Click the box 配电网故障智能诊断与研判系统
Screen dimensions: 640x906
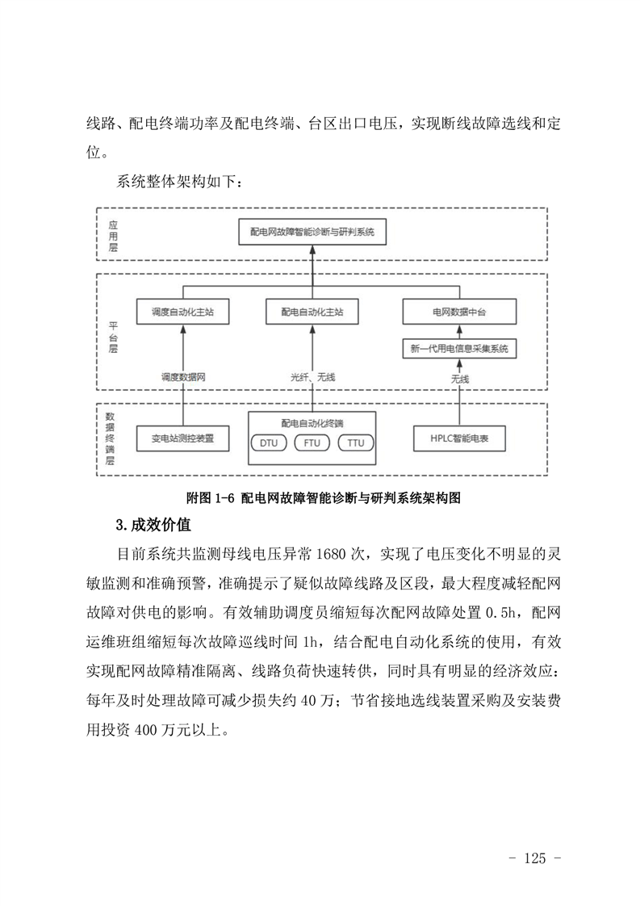pos(312,232)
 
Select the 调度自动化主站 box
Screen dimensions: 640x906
pos(182,312)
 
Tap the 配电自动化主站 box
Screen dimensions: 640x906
pos(312,312)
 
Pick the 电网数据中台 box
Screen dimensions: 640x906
pos(459,312)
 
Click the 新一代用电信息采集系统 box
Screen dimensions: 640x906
pos(459,348)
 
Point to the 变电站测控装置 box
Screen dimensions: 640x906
pos(182,438)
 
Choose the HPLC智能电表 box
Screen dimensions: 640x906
pos(459,438)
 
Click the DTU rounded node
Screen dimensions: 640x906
pos(269,443)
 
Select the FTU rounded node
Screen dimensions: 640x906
pos(312,443)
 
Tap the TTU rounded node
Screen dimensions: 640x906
pos(356,443)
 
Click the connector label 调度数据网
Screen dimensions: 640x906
pos(183,377)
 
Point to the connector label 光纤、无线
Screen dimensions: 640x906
pos(312,377)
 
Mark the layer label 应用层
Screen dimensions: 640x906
pos(113,237)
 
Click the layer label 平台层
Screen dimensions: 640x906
pos(113,338)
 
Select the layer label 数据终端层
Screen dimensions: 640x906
pos(110,438)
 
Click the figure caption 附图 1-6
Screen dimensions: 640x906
pos(211,498)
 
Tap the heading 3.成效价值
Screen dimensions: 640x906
pos(153,525)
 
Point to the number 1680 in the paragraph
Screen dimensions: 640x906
pos(330,554)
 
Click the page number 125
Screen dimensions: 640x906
pos(535,858)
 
